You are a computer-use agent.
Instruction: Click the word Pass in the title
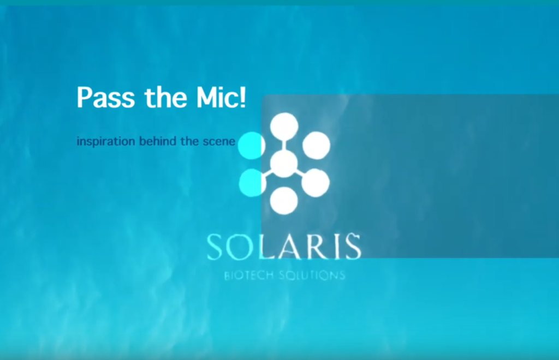coord(106,97)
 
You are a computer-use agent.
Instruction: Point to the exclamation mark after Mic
coord(243,97)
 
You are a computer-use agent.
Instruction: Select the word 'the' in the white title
coord(166,97)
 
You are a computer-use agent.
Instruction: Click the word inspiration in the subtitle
coord(106,141)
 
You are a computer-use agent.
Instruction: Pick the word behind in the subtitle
coord(158,141)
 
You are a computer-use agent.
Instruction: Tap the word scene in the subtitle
coord(219,142)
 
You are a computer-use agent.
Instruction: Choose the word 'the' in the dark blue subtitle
coord(189,141)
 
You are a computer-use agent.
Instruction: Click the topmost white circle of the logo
coord(284,127)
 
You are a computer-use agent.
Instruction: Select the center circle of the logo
coord(284,164)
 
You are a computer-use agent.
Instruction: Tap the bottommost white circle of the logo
coord(284,201)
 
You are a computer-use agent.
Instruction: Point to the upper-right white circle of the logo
coord(316,145)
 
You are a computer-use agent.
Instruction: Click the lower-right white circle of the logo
coord(316,183)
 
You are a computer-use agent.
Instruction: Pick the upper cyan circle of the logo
coord(251,145)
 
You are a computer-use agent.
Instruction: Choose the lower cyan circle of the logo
coord(252,183)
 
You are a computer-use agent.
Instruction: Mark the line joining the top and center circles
coord(284,145)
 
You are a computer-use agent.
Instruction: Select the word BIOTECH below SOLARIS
coord(248,275)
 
